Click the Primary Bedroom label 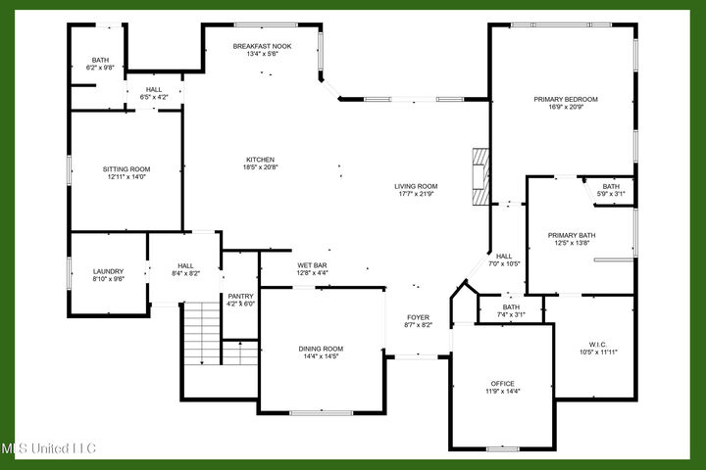tap(566, 99)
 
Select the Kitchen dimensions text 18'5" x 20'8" tap(261, 167)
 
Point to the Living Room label tap(416, 186)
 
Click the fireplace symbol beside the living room tap(479, 176)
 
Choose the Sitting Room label tap(126, 169)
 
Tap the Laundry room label tap(107, 271)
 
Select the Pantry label tap(240, 296)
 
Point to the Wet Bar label tap(311, 265)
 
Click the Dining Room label tap(321, 349)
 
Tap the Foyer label tap(419, 317)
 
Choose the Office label tap(502, 383)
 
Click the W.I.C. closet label tap(597, 344)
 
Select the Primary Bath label tap(572, 235)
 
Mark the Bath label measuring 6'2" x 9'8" tap(101, 60)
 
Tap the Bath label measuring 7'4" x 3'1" tap(512, 306)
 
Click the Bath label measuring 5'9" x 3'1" tap(611, 186)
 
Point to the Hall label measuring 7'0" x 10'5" tap(504, 257)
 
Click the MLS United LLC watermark tap(49, 448)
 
